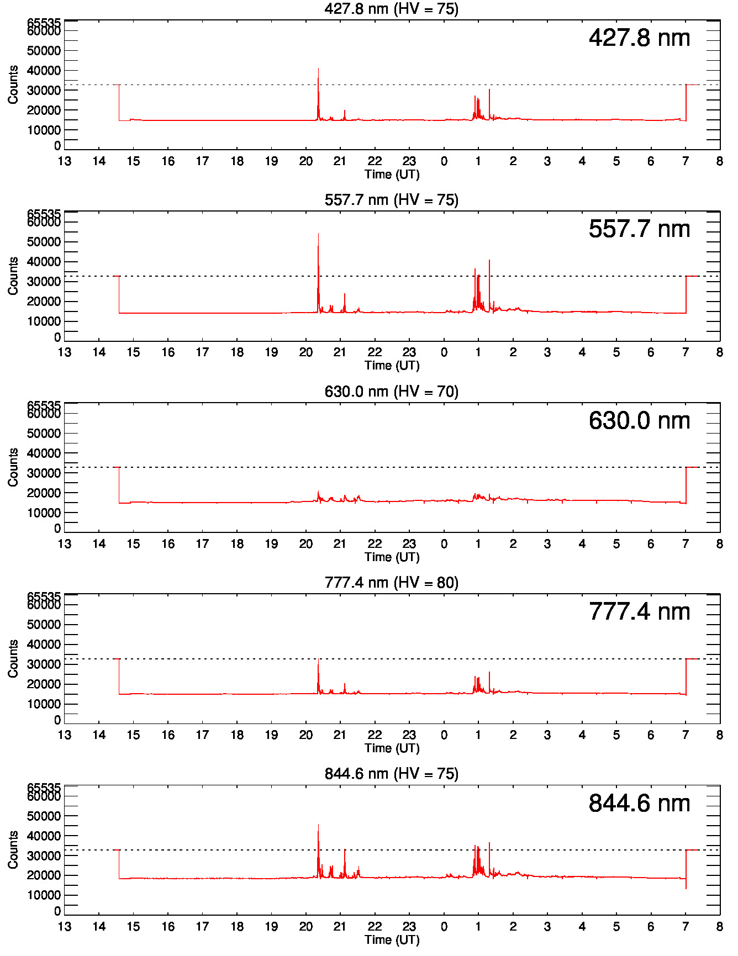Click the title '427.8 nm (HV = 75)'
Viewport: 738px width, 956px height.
[x=391, y=9]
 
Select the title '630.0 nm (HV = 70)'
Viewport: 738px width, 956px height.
[x=391, y=392]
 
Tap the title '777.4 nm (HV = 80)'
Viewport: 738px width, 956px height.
[x=391, y=583]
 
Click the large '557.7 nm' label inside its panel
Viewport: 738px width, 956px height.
[x=639, y=229]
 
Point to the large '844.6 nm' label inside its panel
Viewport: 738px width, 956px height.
[x=639, y=804]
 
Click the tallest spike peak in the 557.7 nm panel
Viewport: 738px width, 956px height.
[x=318, y=234]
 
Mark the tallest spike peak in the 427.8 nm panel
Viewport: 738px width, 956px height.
[x=318, y=68]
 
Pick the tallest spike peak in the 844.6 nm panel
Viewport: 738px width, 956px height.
[x=318, y=825]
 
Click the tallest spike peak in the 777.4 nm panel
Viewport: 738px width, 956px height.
[x=318, y=659]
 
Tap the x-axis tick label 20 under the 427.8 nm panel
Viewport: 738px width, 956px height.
[x=305, y=161]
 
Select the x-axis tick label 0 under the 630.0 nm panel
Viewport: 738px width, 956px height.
[x=444, y=544]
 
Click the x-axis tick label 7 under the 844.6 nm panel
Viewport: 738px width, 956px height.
[x=685, y=927]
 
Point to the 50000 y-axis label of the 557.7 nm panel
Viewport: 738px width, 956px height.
[x=44, y=242]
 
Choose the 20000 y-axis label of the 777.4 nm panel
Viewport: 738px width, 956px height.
[x=44, y=684]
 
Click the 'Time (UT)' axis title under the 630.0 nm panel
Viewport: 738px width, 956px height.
[x=392, y=557]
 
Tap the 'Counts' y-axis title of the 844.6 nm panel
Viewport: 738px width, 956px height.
[x=13, y=849]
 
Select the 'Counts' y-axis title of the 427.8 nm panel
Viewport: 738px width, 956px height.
[x=13, y=84]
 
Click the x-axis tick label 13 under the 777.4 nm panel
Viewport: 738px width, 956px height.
[x=65, y=735]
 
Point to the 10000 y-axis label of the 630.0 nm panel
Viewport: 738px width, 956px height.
[x=44, y=513]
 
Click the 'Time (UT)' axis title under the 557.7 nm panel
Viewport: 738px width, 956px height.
[x=392, y=366]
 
